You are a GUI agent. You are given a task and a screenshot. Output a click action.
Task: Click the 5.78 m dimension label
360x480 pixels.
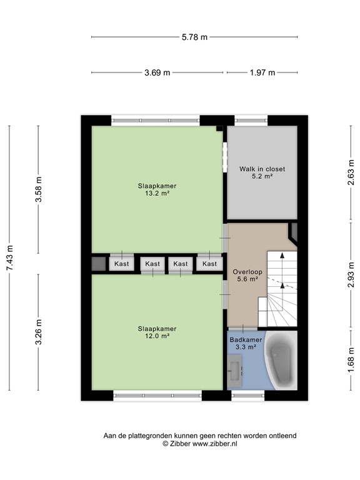[194, 37]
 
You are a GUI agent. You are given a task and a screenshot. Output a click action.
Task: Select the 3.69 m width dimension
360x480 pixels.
[157, 72]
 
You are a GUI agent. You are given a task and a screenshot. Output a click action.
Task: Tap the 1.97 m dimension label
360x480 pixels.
[262, 72]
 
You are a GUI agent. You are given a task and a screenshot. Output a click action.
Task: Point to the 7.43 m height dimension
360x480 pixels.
[9, 257]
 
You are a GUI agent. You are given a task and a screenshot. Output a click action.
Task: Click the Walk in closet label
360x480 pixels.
[262, 172]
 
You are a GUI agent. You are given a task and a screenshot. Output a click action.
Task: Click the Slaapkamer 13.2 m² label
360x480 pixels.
[157, 189]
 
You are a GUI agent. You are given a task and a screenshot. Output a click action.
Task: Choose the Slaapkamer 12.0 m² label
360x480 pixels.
[157, 332]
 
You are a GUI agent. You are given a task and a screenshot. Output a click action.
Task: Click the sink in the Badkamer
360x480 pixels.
[235, 368]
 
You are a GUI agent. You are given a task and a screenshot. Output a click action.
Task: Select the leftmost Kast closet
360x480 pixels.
[122, 264]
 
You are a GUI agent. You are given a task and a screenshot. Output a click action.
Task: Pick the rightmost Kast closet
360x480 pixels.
[209, 264]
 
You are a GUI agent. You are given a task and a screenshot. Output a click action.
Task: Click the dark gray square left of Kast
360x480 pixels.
[99, 264]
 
